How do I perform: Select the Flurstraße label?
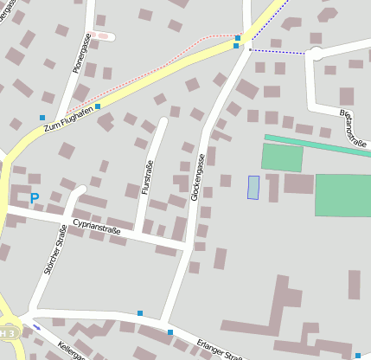[147, 178]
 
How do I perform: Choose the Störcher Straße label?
[54, 248]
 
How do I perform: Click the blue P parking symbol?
[35, 198]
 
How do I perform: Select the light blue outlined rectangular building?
[253, 187]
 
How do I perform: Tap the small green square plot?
[282, 157]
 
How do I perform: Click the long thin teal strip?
[317, 145]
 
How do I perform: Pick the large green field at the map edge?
[342, 195]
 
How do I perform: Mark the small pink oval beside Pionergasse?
[104, 36]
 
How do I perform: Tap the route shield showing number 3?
[8, 333]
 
